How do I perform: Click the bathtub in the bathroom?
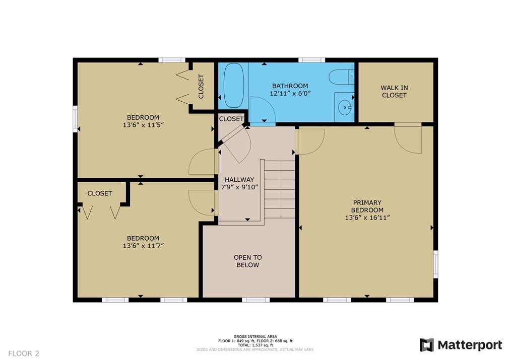(x=234, y=85)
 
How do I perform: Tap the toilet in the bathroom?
(x=341, y=78)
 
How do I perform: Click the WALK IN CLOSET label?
(x=394, y=92)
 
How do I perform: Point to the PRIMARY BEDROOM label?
(x=367, y=206)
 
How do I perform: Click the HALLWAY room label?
(x=239, y=180)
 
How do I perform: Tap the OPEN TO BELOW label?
(x=247, y=261)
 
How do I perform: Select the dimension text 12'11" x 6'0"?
(x=290, y=94)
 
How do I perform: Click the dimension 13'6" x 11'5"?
(x=143, y=125)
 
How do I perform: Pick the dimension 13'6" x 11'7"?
(x=143, y=246)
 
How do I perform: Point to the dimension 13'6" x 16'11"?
(x=367, y=218)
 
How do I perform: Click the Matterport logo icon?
(x=427, y=345)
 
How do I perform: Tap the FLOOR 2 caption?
(x=24, y=353)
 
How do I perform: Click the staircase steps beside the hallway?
(x=279, y=189)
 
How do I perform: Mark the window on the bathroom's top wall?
(x=311, y=60)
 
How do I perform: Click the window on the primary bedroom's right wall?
(x=435, y=264)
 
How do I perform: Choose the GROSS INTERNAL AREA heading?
(x=255, y=336)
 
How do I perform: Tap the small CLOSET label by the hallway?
(x=231, y=119)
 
